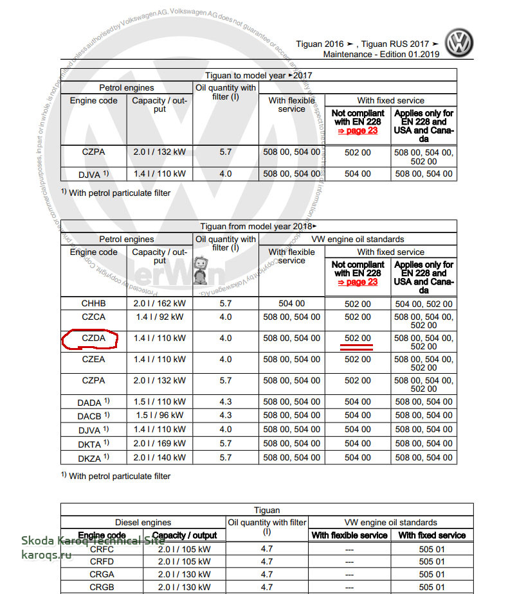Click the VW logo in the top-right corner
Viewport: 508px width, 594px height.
click(460, 43)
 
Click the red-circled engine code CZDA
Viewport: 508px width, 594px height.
click(93, 338)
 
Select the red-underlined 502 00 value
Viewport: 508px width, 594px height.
click(358, 338)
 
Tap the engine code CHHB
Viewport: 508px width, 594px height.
click(93, 304)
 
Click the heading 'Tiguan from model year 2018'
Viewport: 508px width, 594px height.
click(259, 226)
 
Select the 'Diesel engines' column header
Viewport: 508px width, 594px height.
click(143, 523)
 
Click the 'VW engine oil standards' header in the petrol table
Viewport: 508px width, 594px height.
click(358, 240)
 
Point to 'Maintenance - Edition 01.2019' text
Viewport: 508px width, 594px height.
click(381, 55)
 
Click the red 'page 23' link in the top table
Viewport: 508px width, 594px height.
click(358, 130)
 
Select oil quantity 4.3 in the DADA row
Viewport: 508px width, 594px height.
click(225, 402)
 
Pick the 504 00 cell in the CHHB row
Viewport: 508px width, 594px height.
click(291, 304)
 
